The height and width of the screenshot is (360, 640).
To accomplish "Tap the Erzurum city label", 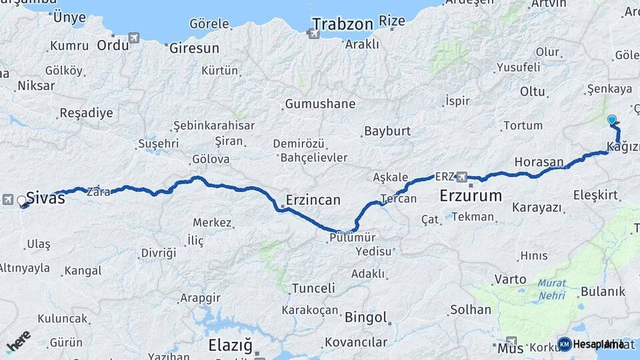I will point(471,195).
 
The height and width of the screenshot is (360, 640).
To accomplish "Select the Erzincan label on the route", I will point(313,199).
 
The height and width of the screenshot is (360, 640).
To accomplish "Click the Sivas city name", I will point(46,198).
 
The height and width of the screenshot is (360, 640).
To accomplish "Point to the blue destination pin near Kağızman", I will point(612,120).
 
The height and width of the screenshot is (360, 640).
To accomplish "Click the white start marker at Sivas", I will point(22,200).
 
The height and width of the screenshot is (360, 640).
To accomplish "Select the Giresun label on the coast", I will point(194,49).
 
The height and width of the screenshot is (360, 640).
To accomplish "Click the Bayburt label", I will point(387,131).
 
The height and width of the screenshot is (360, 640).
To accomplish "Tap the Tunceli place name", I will point(313,288).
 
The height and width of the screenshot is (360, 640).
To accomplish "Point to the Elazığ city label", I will point(230,345).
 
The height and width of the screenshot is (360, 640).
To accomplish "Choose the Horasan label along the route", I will point(539,162).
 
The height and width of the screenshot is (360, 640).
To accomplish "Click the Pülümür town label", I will point(353,238).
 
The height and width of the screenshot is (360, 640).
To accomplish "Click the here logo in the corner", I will point(18,341).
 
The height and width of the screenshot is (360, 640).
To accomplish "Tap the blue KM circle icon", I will point(564,344).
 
